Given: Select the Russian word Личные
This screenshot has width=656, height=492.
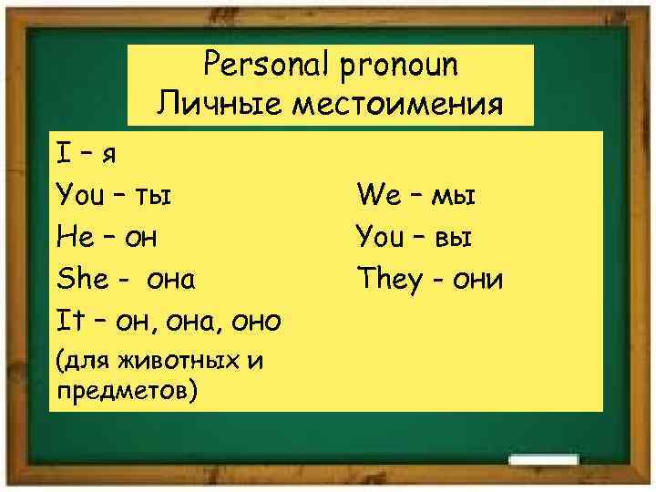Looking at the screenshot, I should click(x=210, y=103).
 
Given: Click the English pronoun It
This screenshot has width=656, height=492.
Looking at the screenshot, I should click(x=70, y=321).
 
